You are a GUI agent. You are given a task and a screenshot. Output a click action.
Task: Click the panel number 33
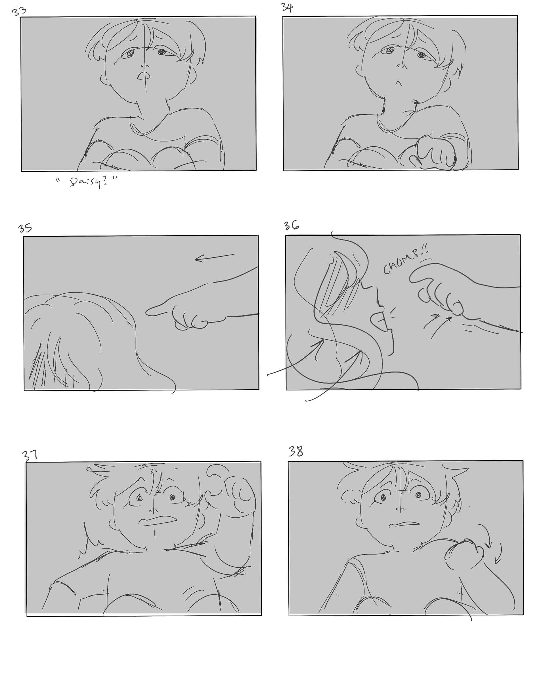click(x=19, y=11)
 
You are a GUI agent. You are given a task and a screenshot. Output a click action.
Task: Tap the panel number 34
click(x=287, y=8)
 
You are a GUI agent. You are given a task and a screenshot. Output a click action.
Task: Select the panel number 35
click(x=25, y=228)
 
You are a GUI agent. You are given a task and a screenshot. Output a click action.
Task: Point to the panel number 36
click(x=291, y=226)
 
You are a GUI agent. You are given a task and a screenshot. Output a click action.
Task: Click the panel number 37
click(x=30, y=456)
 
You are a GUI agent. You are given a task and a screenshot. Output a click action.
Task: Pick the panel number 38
click(x=296, y=452)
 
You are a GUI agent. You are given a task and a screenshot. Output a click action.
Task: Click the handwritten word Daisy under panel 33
click(x=85, y=182)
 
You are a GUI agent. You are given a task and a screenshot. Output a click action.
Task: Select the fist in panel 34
click(x=436, y=152)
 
